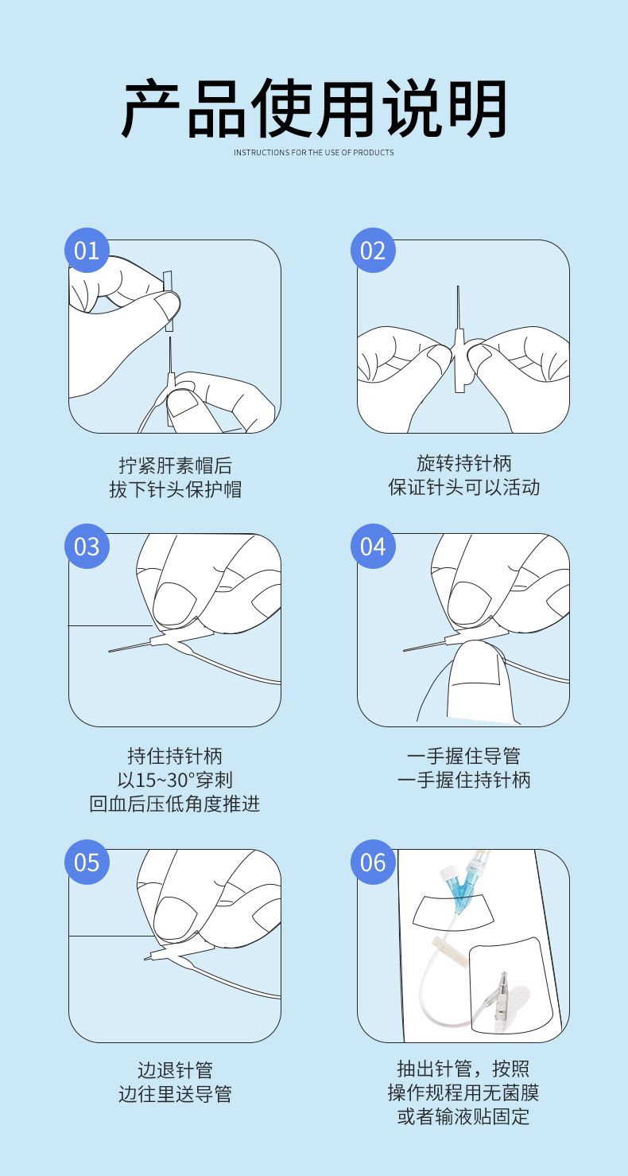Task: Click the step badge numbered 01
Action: pyautogui.click(x=87, y=251)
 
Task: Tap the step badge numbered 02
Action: pyautogui.click(x=373, y=251)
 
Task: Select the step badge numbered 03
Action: pyautogui.click(x=87, y=546)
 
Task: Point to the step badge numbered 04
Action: pyautogui.click(x=373, y=546)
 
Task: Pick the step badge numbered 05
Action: pyautogui.click(x=87, y=862)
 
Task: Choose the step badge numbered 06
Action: pyautogui.click(x=373, y=862)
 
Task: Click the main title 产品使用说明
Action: pyautogui.click(x=314, y=108)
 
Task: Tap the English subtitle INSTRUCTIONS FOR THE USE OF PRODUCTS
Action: pyautogui.click(x=314, y=152)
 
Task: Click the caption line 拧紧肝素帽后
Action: pyautogui.click(x=175, y=465)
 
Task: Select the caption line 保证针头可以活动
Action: pyautogui.click(x=463, y=487)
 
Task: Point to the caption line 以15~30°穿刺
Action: pyautogui.click(x=175, y=780)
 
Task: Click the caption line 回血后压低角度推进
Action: pyautogui.click(x=175, y=804)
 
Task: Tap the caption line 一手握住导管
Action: pyautogui.click(x=463, y=756)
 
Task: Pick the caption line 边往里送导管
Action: pyautogui.click(x=175, y=1094)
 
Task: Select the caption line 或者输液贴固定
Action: pyautogui.click(x=463, y=1116)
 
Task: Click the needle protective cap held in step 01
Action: pyautogui.click(x=169, y=302)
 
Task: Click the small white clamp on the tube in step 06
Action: pyautogui.click(x=444, y=946)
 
